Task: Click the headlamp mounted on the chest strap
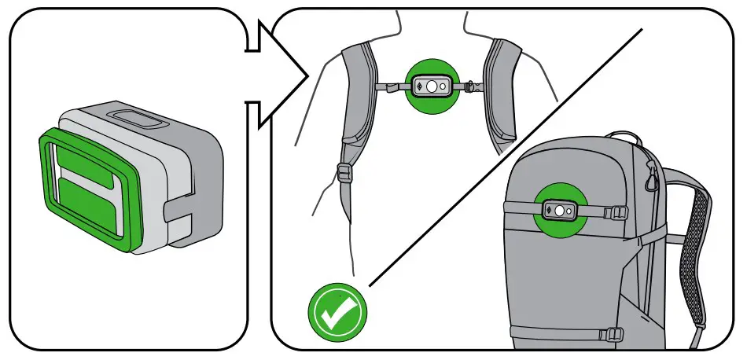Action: point(432,86)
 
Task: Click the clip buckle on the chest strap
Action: point(472,84)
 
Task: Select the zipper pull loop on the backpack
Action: point(652,182)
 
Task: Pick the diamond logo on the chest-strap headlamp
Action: point(419,86)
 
